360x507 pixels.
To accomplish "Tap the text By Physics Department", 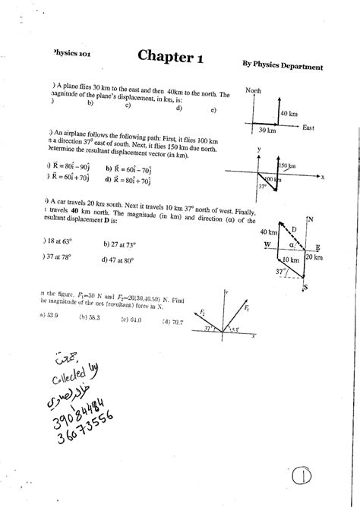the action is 283,67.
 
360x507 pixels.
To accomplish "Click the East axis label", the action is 308,128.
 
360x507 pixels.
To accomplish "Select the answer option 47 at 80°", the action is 118,260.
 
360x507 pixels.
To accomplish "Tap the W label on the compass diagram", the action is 267,244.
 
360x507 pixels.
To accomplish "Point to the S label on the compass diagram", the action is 305,286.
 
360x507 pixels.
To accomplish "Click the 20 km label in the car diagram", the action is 314,257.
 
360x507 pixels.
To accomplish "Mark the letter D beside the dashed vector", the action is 293,228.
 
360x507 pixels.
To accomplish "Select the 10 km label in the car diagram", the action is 290,260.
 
